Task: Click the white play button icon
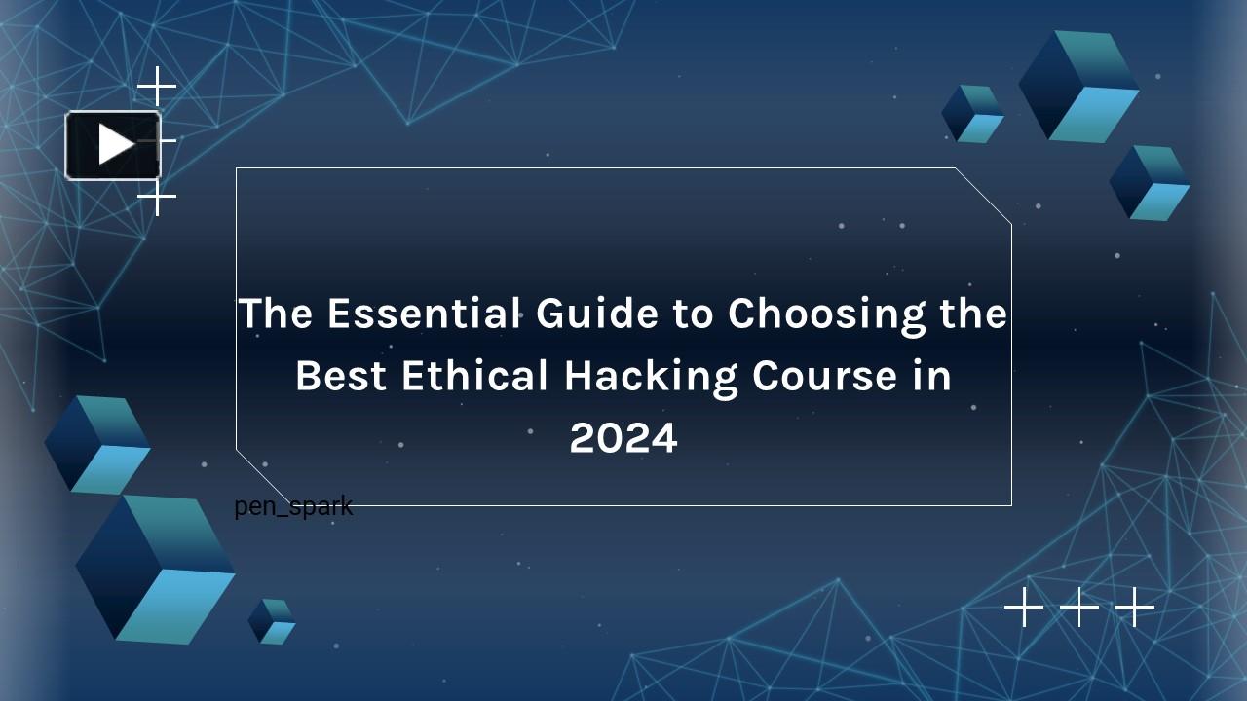click(114, 145)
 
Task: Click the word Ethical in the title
click(474, 376)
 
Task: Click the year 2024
click(623, 438)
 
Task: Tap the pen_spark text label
click(293, 506)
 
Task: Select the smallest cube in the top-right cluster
click(972, 114)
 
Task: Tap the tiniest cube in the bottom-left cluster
click(272, 621)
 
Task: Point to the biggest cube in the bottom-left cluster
click(156, 569)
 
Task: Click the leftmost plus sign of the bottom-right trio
click(1023, 607)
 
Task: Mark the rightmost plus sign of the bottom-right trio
click(1134, 607)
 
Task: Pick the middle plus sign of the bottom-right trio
click(1078, 607)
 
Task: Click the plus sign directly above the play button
click(157, 89)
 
